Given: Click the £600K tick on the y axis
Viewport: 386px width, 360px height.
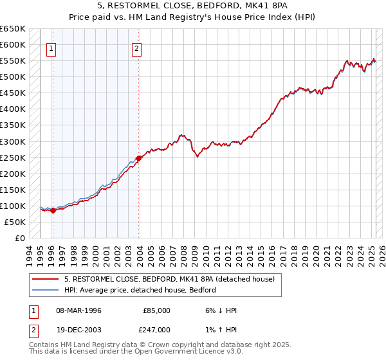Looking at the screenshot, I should click(x=14, y=45).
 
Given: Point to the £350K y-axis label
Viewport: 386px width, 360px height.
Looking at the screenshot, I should click(x=14, y=125).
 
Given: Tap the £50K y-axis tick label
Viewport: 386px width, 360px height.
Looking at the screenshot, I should click(x=16, y=222).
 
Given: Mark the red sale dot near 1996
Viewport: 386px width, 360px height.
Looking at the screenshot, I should click(x=53, y=211).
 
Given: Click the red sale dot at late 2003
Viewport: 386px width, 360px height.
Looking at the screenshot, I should click(x=139, y=158).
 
